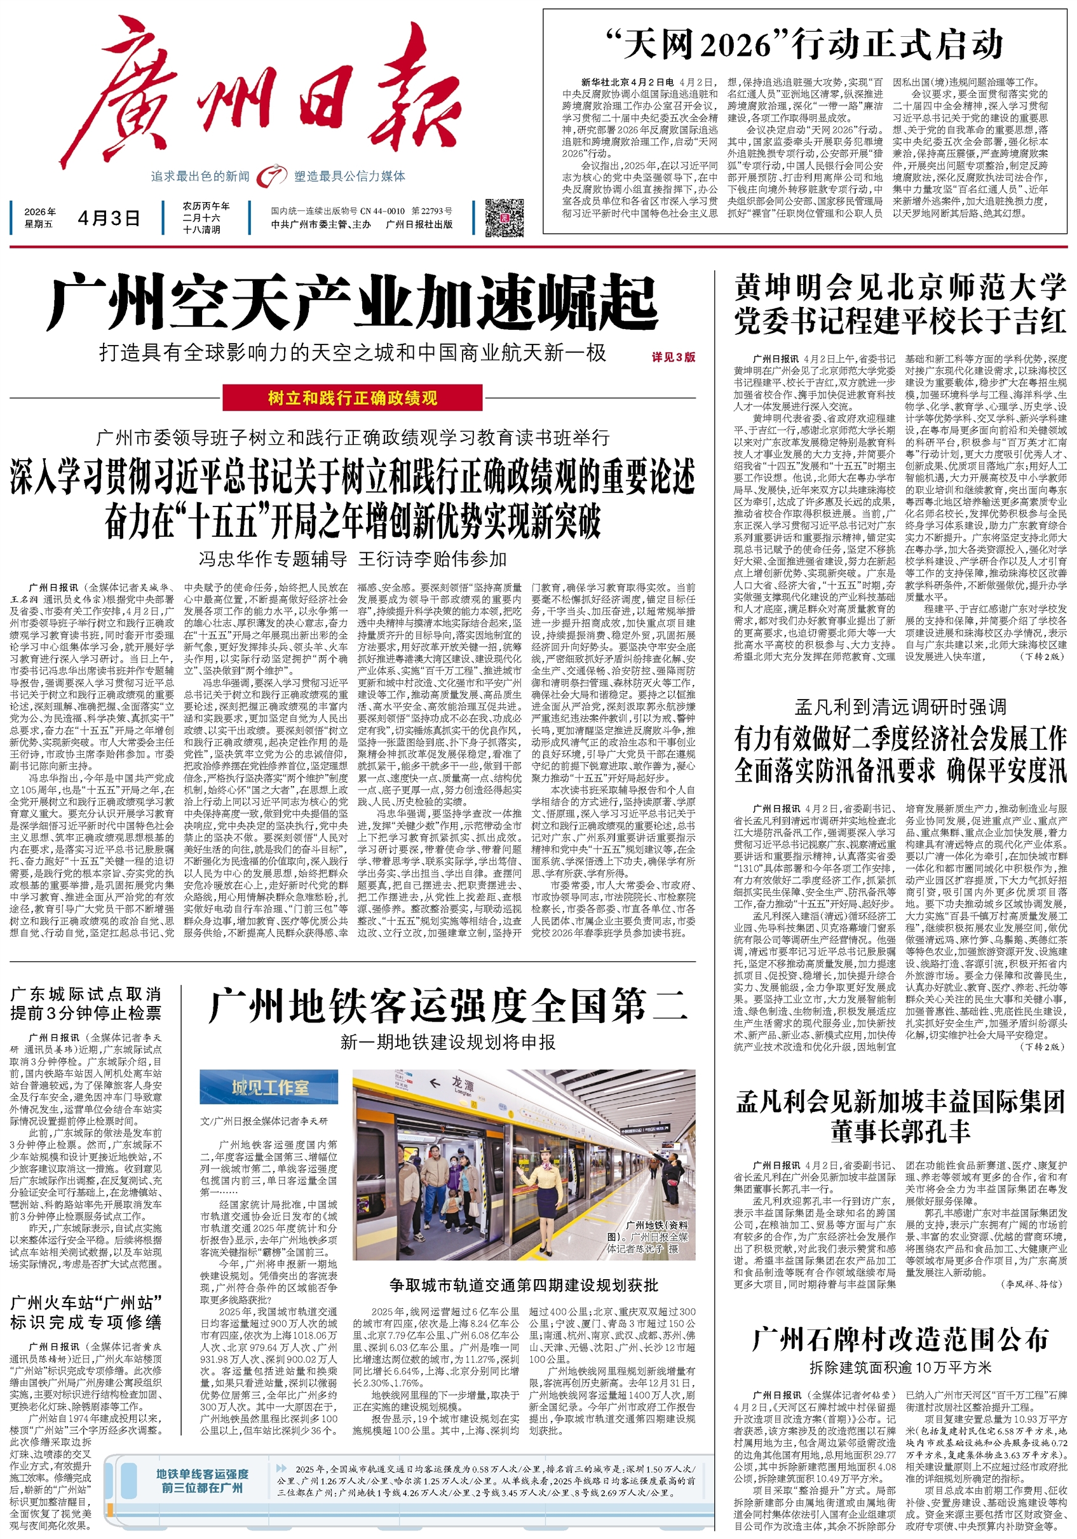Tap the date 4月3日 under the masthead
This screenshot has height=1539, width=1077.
click(x=109, y=218)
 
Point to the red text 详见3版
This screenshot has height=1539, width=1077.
click(x=673, y=357)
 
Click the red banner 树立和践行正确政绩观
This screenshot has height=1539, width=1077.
click(x=353, y=398)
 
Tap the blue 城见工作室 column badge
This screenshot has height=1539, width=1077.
click(x=269, y=1087)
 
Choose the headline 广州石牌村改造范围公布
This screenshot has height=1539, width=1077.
click(x=900, y=1339)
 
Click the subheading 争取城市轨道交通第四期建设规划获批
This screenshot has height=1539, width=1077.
click(x=524, y=1285)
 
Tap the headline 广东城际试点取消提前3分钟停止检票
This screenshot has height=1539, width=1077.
click(x=86, y=1003)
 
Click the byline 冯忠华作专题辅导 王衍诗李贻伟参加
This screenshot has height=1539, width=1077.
click(x=353, y=559)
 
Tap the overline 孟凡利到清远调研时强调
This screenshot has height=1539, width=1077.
click(x=900, y=707)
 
